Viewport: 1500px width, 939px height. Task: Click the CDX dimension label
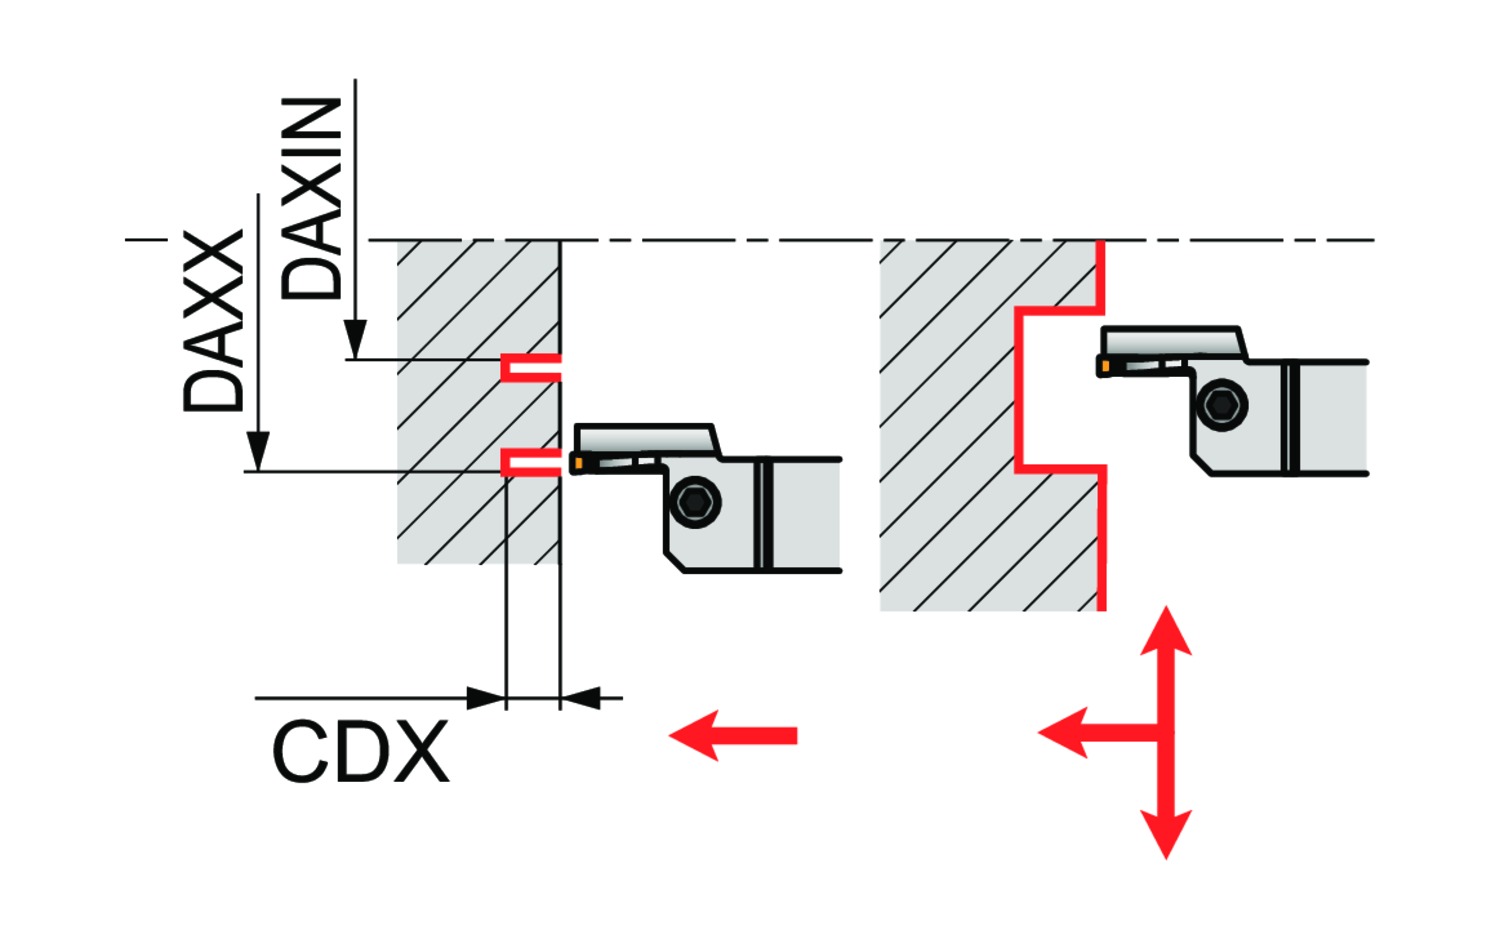click(x=360, y=753)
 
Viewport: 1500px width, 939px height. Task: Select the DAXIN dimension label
click(x=311, y=199)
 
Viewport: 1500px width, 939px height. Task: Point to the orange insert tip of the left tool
click(x=578, y=463)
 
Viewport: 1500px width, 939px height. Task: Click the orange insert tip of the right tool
click(x=1104, y=367)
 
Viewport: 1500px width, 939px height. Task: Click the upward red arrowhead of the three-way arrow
click(x=1166, y=632)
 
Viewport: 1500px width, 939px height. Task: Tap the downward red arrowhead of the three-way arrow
click(x=1166, y=833)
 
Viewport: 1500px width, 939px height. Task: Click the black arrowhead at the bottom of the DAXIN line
click(x=355, y=339)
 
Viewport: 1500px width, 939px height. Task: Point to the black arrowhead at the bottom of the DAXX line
click(x=258, y=451)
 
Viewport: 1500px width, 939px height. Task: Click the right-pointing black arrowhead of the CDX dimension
click(x=487, y=698)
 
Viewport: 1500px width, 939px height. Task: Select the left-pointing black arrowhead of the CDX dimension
click(x=580, y=698)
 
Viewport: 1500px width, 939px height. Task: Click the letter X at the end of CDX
click(x=421, y=753)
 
